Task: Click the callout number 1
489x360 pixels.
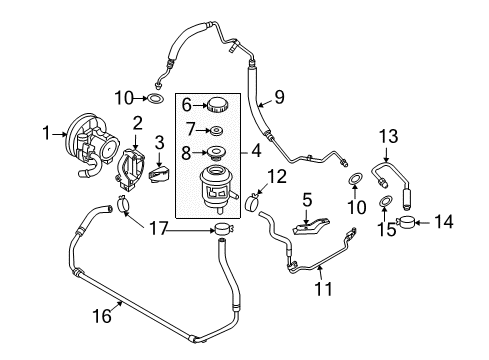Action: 45,132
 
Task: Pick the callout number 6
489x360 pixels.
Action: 185,105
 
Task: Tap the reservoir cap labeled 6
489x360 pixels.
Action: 215,105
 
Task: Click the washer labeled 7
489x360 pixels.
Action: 214,131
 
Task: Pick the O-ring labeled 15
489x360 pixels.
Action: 385,204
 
